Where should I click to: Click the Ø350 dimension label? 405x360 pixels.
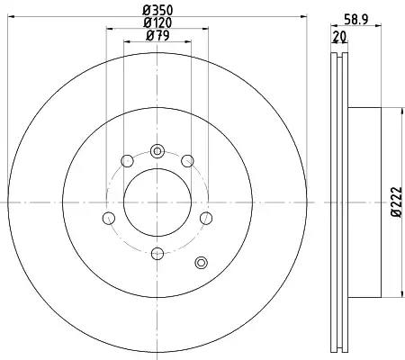click(157, 11)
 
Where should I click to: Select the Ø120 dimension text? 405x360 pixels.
click(157, 22)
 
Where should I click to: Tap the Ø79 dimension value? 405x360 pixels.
click(157, 36)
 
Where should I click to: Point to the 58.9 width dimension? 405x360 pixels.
click(355, 20)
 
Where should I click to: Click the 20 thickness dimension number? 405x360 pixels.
click(339, 37)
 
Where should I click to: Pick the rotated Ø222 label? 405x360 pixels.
click(396, 202)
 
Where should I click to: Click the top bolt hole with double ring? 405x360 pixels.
click(157, 151)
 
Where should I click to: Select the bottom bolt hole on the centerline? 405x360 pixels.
click(157, 254)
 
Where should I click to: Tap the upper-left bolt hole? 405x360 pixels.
click(127, 161)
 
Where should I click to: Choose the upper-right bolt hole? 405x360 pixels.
click(188, 161)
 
